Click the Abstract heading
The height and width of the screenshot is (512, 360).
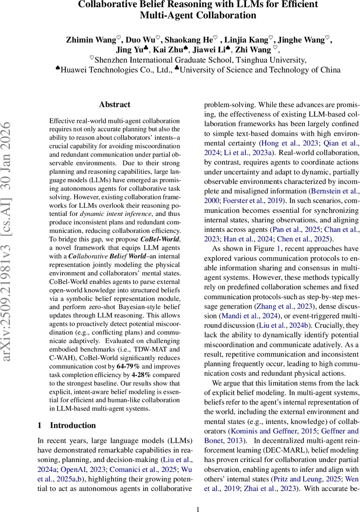pos(114,104)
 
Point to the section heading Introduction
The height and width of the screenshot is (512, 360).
pos(73,425)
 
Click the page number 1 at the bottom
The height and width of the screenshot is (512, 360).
pos(197,509)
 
